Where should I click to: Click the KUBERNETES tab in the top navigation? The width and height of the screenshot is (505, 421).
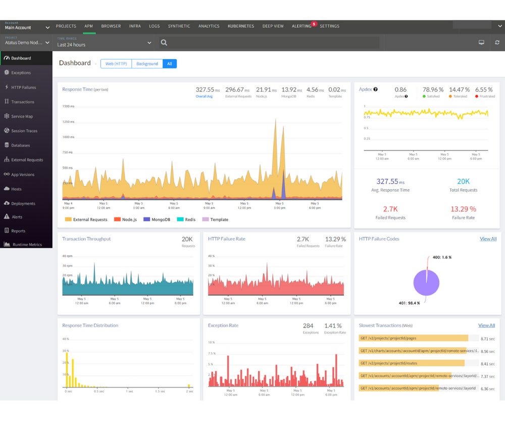[241, 26]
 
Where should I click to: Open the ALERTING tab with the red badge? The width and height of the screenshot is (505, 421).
[301, 26]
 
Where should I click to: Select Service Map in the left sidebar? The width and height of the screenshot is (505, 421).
[22, 116]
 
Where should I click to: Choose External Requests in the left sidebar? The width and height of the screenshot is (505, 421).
[27, 160]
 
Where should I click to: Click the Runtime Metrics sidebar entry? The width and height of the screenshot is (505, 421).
[27, 245]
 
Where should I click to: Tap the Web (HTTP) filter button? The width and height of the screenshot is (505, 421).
[116, 64]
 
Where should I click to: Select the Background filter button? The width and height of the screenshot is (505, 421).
[147, 64]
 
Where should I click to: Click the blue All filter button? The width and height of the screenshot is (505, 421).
[170, 64]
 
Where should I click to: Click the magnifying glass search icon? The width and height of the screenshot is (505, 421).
[164, 43]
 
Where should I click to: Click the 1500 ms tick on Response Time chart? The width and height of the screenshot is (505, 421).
[68, 107]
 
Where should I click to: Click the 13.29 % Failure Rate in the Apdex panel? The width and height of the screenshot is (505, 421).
[464, 209]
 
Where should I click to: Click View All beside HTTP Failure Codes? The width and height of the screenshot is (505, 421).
[488, 239]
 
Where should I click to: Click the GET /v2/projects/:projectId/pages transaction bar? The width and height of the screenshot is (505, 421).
[414, 339]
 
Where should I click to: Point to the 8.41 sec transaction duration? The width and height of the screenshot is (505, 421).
[487, 363]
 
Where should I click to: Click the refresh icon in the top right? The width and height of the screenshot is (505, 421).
[497, 43]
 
